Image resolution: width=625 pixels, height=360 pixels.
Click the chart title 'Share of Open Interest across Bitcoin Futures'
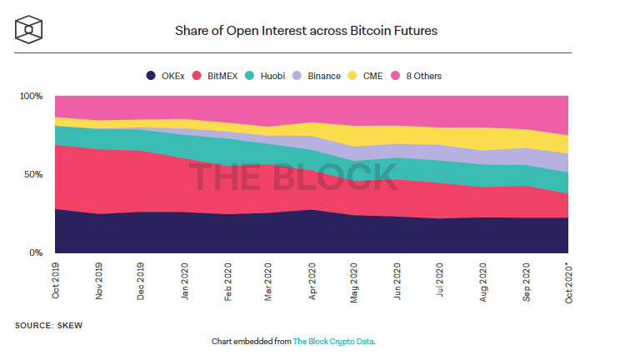pos(306,31)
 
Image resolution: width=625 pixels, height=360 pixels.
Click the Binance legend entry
pos(317,76)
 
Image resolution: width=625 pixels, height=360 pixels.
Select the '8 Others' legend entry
pos(419,76)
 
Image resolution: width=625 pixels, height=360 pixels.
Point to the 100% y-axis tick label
pos(31,97)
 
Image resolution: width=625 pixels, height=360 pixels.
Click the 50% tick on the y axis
pos(33,175)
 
